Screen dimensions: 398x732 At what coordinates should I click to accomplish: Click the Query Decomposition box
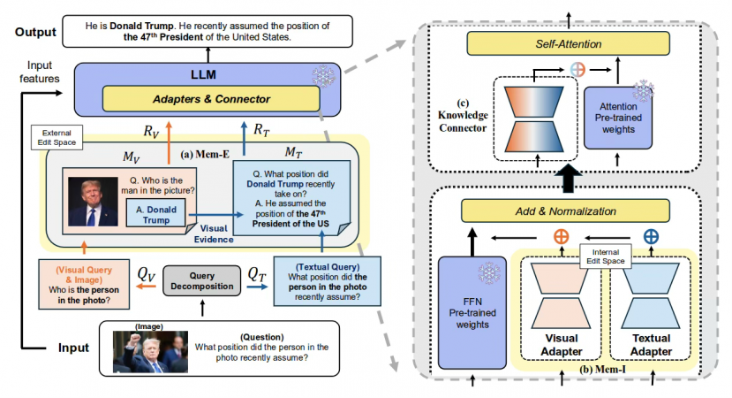(x=202, y=282)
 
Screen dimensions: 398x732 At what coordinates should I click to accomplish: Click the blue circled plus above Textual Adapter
(x=651, y=237)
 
